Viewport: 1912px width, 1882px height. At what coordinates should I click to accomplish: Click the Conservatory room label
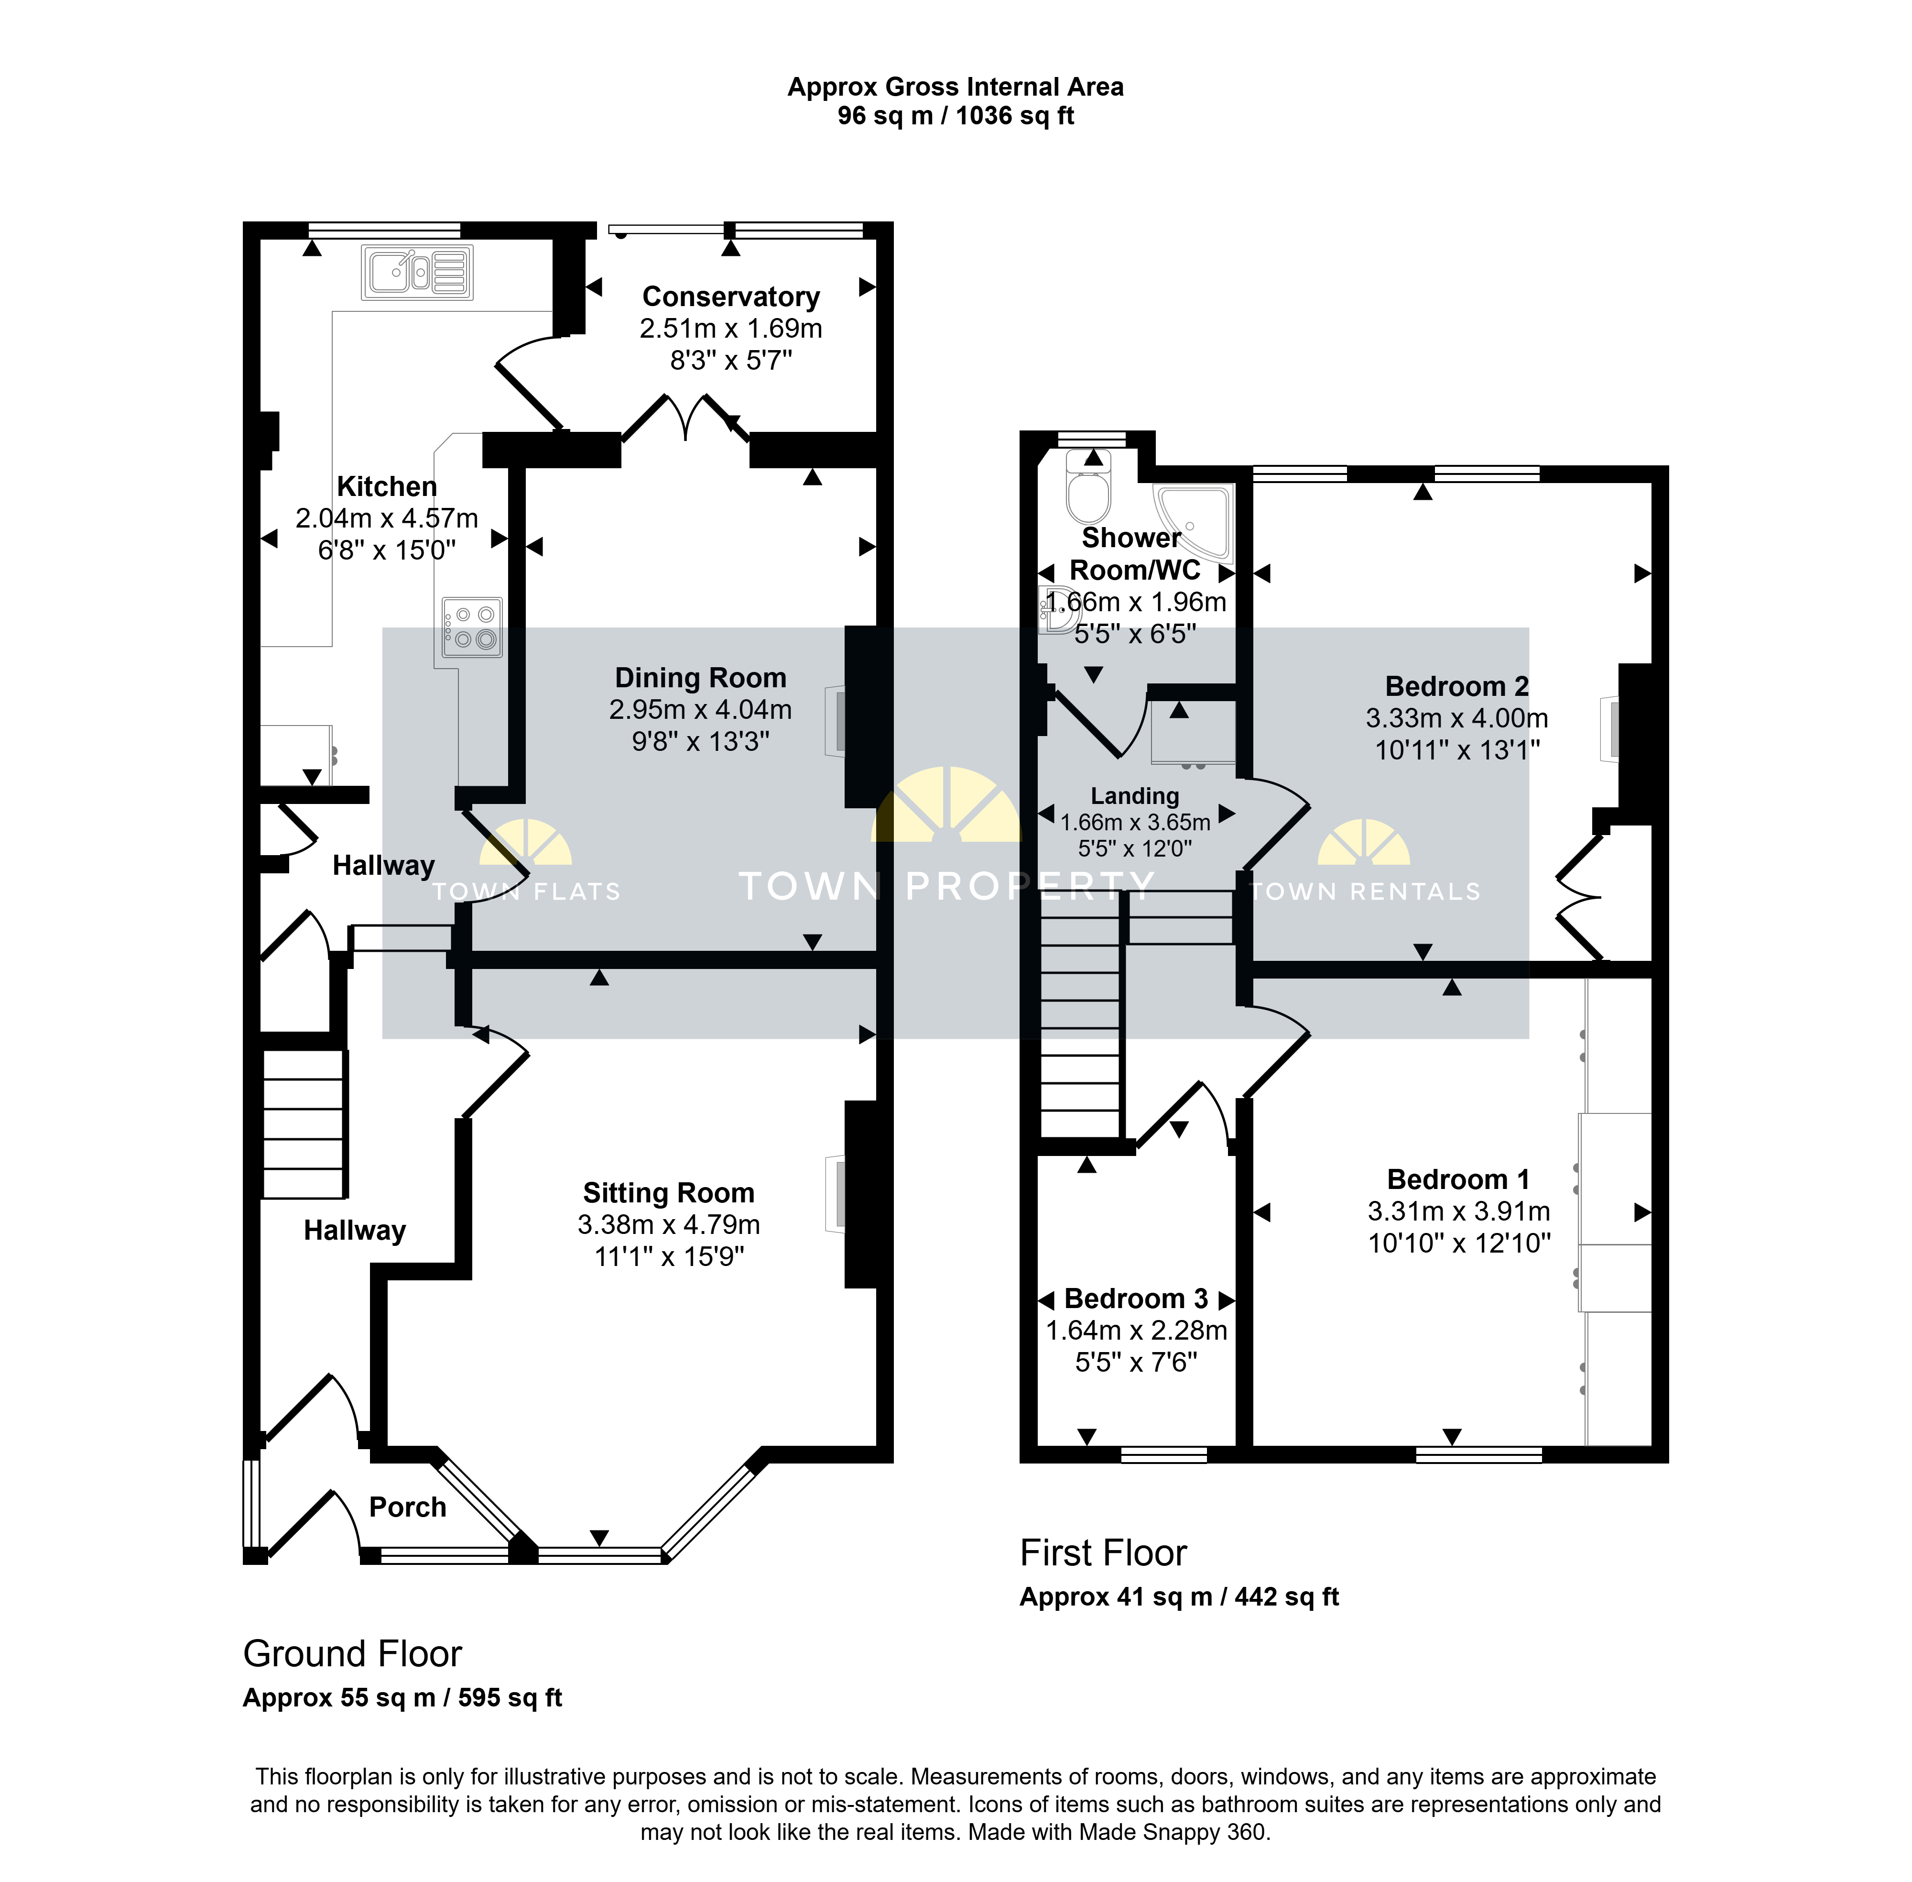(731, 297)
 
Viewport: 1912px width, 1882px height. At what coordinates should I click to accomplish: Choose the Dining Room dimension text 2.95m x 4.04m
(701, 710)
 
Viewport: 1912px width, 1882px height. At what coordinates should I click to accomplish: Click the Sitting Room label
(669, 1193)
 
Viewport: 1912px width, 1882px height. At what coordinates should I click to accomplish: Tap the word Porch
(408, 1508)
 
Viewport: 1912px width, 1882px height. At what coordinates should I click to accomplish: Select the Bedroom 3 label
(1136, 1299)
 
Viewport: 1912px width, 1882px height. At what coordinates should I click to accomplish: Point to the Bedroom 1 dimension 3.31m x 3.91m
(1459, 1212)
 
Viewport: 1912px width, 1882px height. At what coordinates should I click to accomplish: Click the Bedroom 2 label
(1457, 686)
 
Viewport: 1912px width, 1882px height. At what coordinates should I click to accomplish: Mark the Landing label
(1135, 797)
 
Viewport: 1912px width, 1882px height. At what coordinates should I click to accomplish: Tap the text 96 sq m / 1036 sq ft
(956, 116)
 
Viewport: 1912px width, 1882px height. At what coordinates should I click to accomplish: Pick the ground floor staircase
(304, 1124)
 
